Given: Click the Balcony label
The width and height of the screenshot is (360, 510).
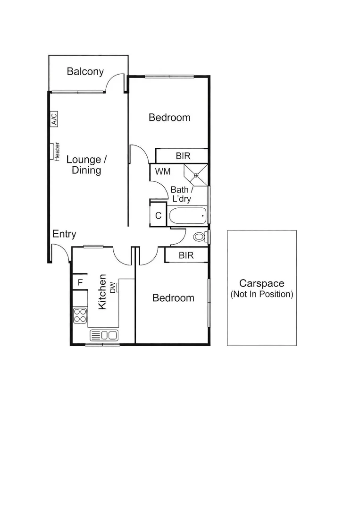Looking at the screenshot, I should coord(85,72).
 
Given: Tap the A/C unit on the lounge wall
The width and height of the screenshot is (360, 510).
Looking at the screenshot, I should coord(54,119).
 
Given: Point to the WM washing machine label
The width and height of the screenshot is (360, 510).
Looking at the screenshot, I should coord(163,171).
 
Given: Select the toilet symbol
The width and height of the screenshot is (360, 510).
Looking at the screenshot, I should coord(199,237).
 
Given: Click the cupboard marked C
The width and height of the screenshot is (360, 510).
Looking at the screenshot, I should coord(159,216).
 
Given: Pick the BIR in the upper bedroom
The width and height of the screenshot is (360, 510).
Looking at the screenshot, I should coord(183,156).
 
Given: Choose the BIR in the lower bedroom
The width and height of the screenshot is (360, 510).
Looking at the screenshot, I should coord(186,255).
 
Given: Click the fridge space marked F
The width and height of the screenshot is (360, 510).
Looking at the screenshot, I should coord(80,282).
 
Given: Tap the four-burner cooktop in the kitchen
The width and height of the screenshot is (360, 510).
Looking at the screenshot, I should coord(80,315).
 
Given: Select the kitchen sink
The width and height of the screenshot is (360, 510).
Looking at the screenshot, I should coord(104,335).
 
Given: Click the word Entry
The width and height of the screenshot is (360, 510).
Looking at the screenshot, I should coord(64,234).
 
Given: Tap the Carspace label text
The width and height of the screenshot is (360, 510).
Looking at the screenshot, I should coord(261,283).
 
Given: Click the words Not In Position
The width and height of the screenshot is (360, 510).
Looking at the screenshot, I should coord(262,294).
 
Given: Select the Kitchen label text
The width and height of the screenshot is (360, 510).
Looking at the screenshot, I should coord(102,293).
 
